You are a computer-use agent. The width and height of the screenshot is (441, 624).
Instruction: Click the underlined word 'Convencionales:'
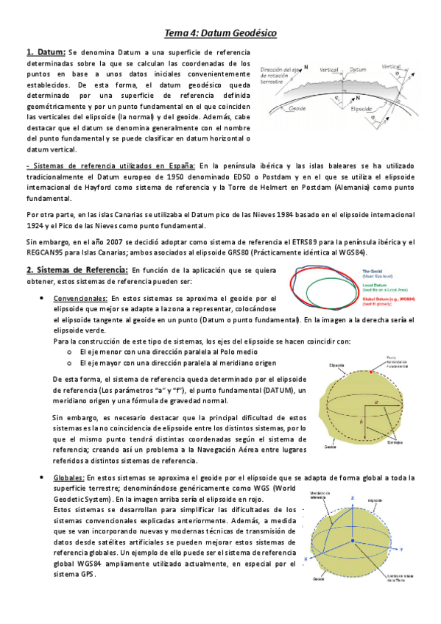60,299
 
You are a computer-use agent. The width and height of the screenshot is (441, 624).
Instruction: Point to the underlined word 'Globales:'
68,478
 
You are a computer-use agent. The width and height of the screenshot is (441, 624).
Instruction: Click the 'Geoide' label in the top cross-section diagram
297,107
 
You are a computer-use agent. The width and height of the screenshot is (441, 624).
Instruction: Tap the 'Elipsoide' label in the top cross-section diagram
361,108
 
